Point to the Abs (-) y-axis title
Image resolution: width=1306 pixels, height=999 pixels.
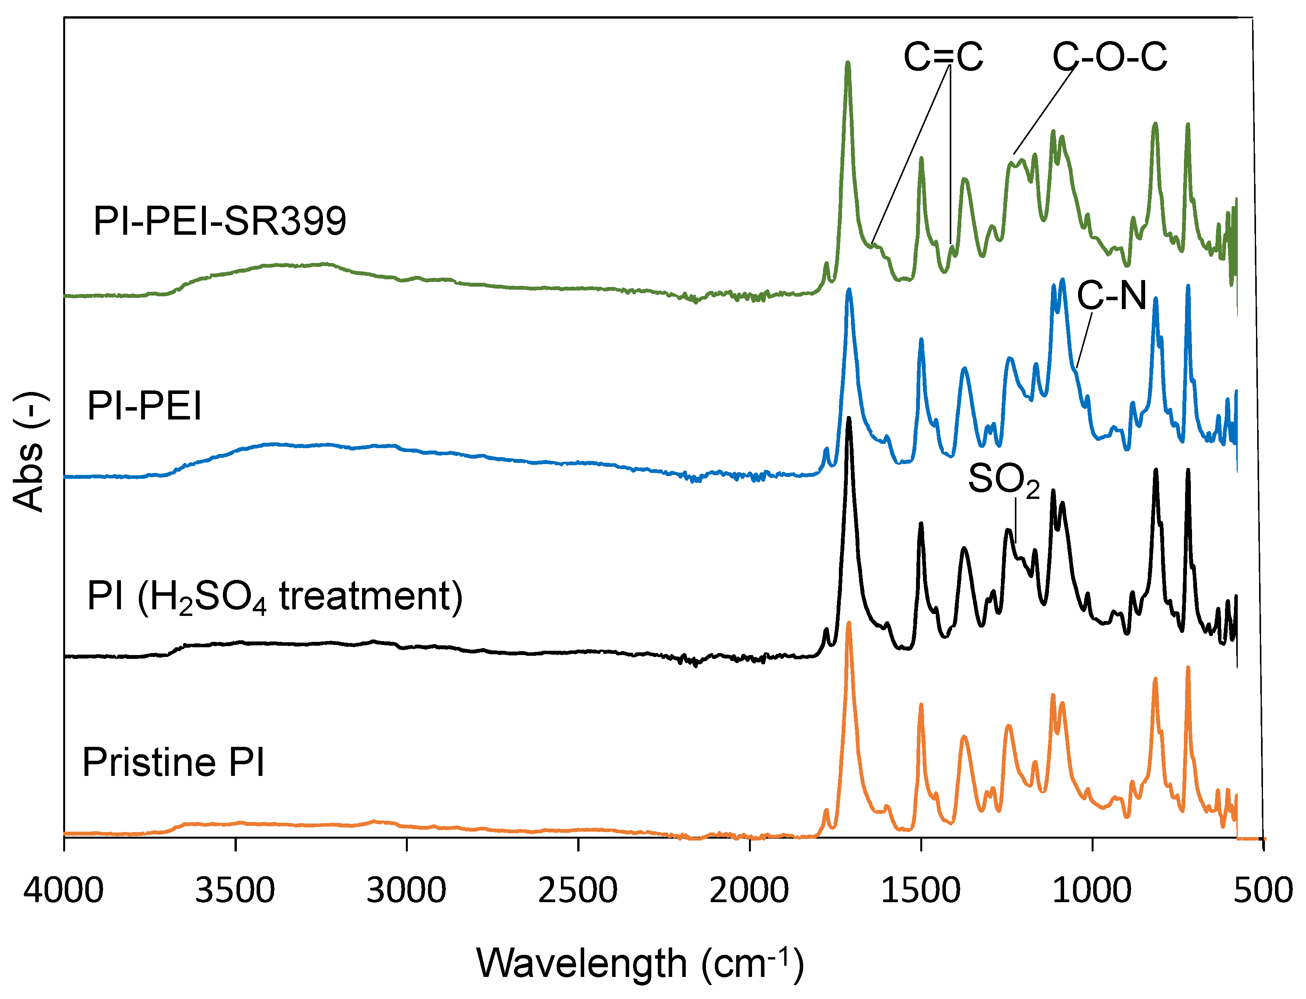(x=29, y=452)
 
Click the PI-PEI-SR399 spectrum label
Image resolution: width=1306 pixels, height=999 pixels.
(x=219, y=221)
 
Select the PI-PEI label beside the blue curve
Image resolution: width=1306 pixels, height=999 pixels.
(x=145, y=406)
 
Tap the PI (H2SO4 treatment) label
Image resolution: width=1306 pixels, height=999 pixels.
(x=274, y=597)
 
